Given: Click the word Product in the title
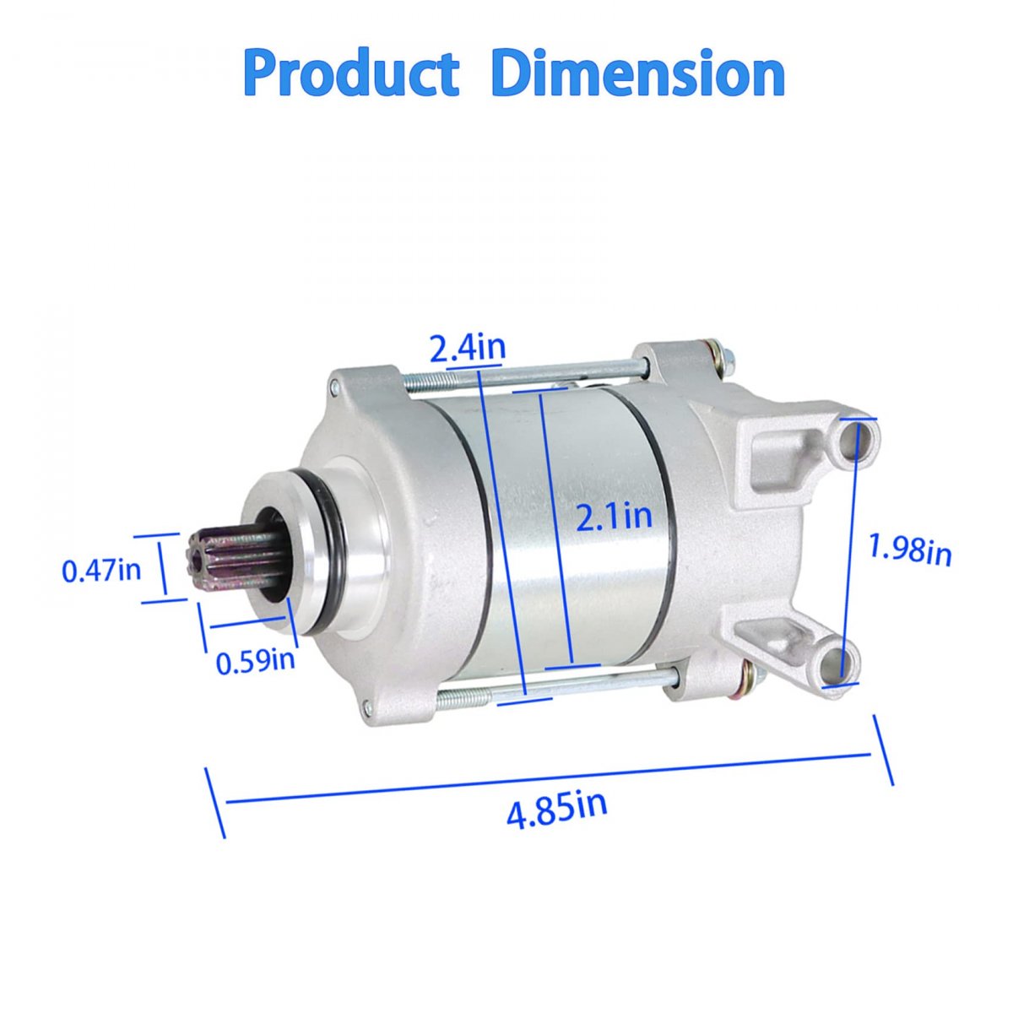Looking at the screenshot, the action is pos(350,74).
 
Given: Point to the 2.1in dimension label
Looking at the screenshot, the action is pos(614,517).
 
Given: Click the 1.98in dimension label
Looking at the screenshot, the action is pos(909,550).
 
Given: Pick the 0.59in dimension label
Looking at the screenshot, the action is pos(256,661).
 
